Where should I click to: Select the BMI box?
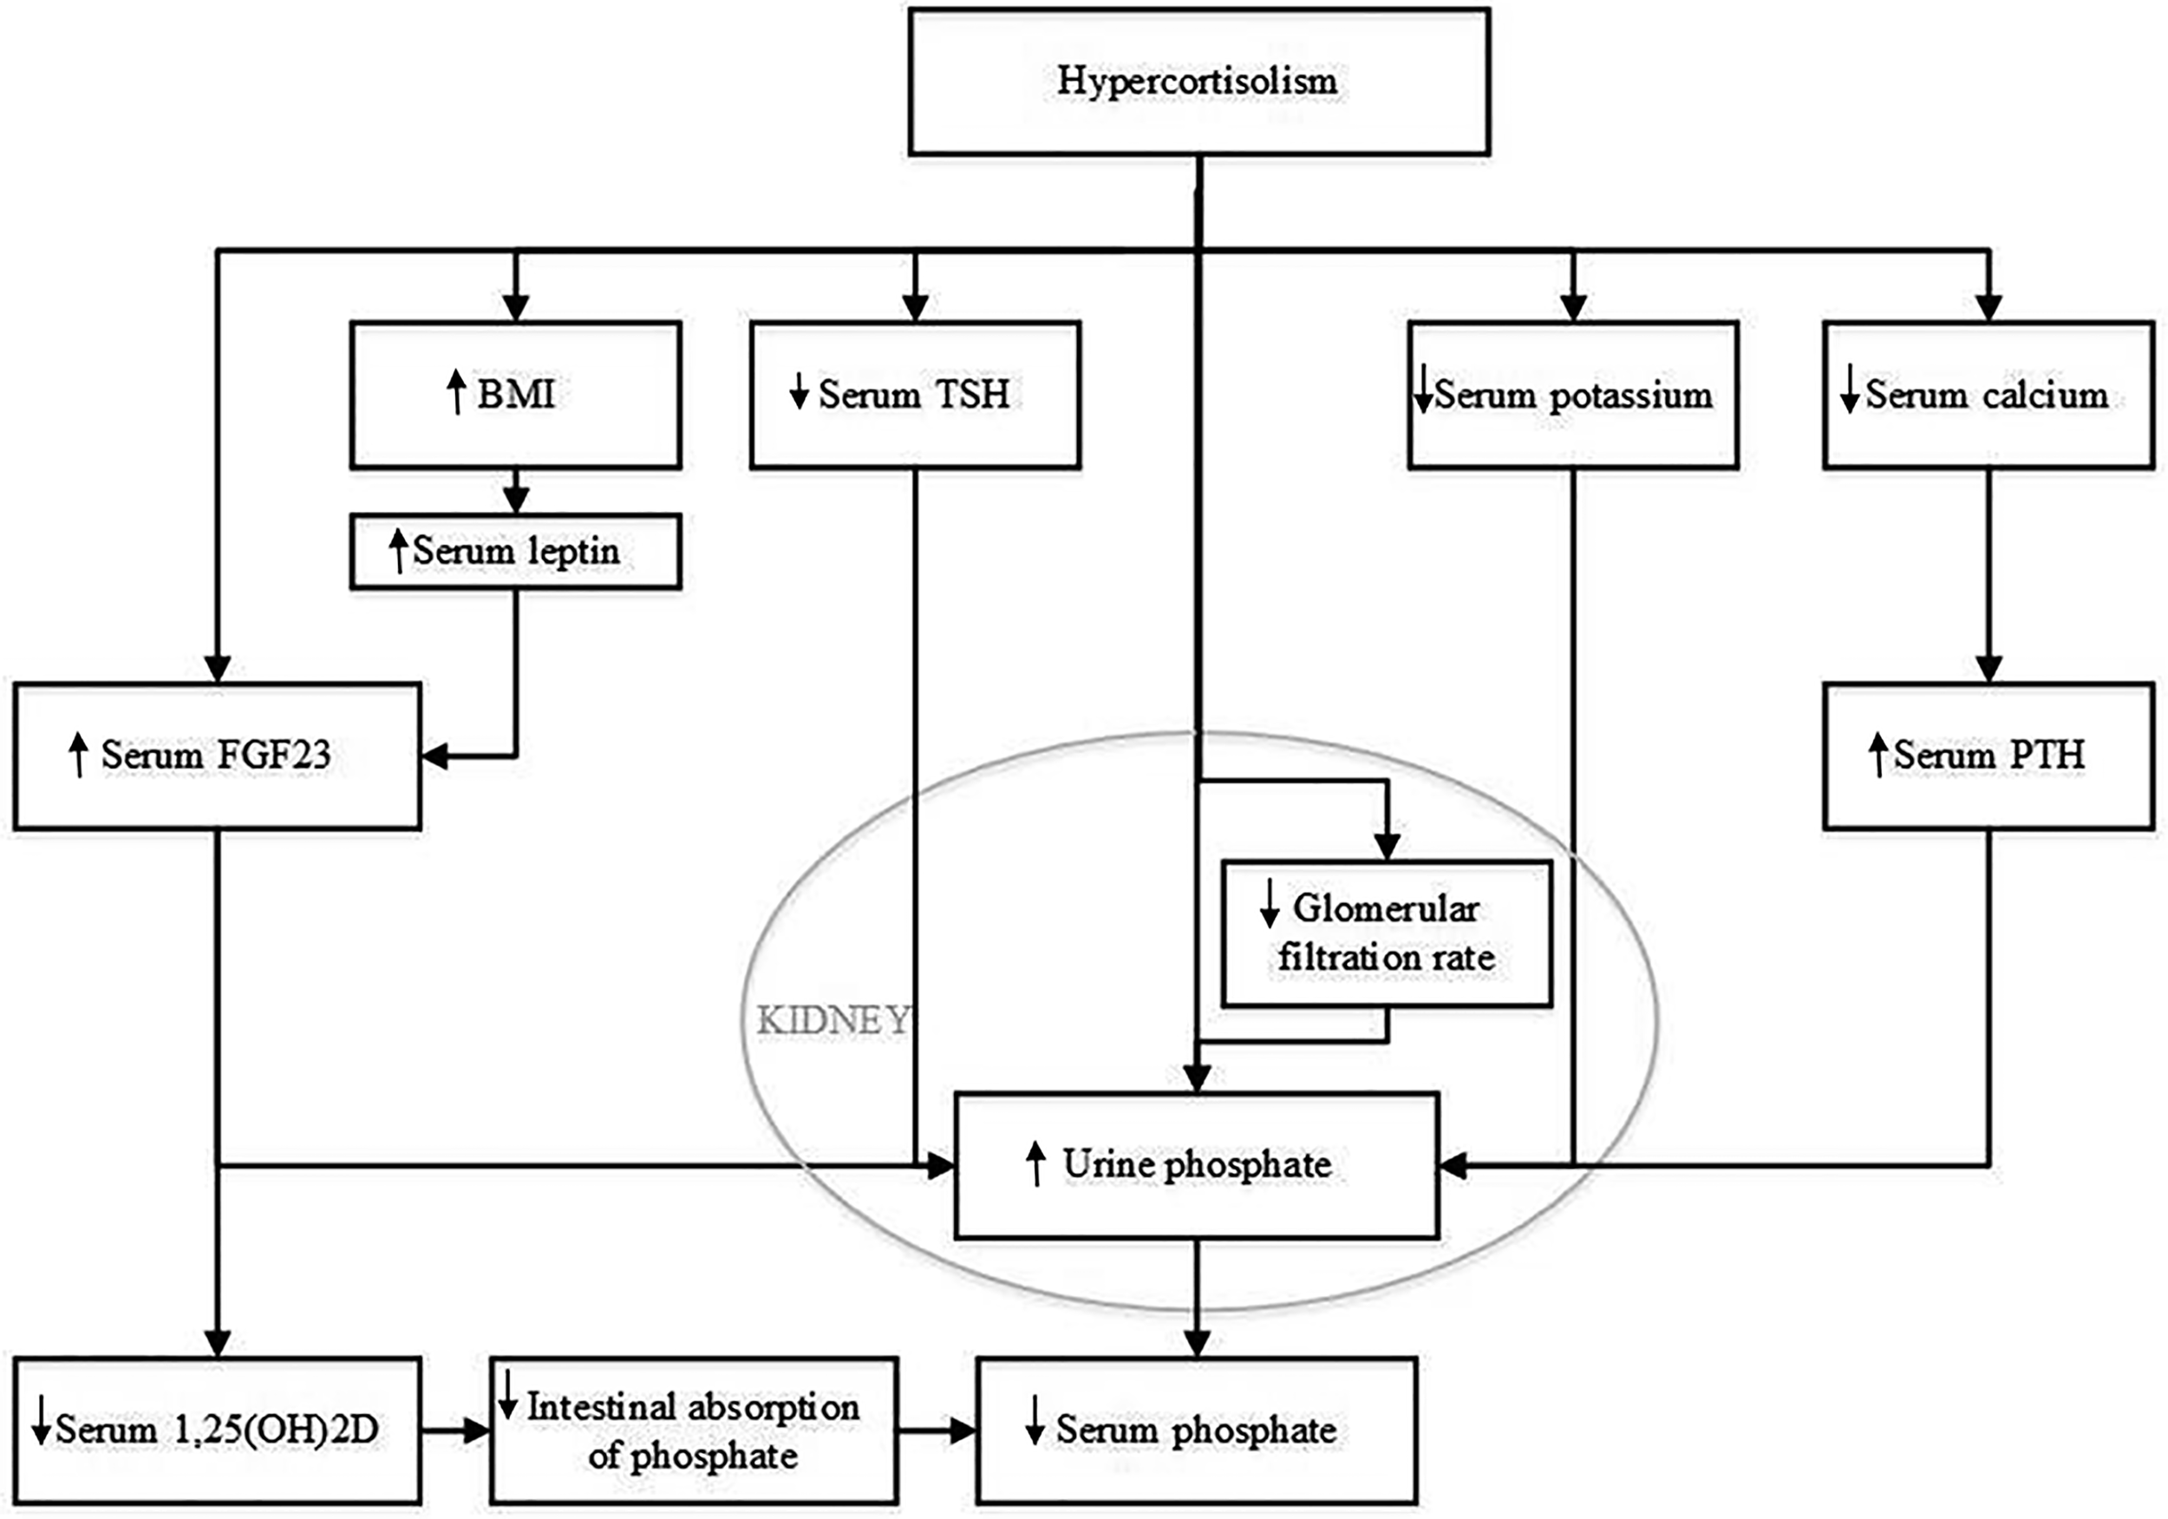point(516,395)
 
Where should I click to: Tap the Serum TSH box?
point(915,395)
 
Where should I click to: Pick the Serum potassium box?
point(1573,395)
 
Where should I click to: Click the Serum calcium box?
point(1988,395)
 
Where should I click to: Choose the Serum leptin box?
point(516,552)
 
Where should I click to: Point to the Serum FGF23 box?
point(217,756)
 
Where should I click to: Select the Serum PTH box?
point(1988,756)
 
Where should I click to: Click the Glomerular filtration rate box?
point(1386,933)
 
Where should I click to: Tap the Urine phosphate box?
point(1197,1165)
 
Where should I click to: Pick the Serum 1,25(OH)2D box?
point(217,1431)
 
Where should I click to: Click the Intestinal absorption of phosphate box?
point(693,1431)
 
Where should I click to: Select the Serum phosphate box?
point(1197,1431)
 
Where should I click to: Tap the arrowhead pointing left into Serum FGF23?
point(434,756)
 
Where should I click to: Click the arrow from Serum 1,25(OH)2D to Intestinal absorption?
point(455,1431)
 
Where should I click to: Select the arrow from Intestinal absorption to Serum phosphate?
point(936,1431)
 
